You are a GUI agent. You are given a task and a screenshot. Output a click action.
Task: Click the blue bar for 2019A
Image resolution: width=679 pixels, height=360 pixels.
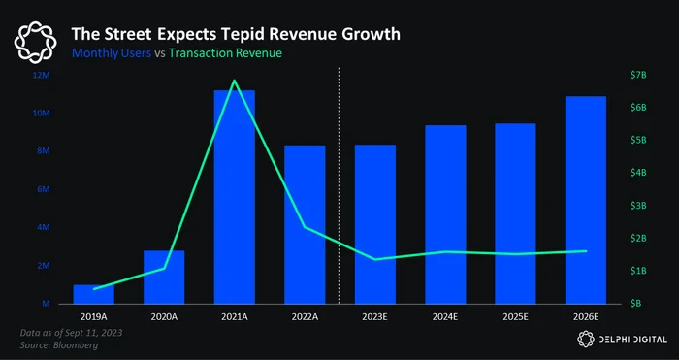tap(93, 294)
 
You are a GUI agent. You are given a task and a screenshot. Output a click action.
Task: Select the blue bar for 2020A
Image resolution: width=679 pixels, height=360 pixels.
tap(164, 278)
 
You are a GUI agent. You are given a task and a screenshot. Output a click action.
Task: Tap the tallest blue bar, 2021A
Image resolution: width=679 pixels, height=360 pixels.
tap(235, 197)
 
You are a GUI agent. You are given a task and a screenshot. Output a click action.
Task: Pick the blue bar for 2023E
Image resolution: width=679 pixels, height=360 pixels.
tap(375, 224)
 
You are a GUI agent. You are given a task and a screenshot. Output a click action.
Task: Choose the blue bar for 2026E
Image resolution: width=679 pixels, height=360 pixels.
tap(586, 200)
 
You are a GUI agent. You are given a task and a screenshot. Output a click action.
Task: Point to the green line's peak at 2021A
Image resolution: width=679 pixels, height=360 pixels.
tap(235, 81)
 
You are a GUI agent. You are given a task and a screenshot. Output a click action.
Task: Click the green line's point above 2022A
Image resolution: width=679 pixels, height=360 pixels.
tap(305, 226)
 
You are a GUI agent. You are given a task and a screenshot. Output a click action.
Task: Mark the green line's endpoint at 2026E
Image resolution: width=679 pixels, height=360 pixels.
tap(586, 251)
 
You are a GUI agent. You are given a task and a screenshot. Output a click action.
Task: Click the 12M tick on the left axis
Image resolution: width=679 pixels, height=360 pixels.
tap(45, 76)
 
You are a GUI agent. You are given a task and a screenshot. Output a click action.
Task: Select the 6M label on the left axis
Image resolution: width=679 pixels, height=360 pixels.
tap(46, 189)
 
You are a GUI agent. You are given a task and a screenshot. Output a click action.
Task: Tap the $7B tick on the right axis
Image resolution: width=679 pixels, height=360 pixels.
tap(638, 76)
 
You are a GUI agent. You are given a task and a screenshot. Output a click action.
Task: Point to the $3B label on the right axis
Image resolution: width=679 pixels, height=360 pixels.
tap(638, 206)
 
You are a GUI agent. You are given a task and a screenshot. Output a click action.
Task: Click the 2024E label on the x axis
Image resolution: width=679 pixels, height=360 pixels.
tap(445, 316)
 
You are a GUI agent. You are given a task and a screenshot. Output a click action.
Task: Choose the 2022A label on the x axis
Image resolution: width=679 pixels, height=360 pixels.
tap(305, 316)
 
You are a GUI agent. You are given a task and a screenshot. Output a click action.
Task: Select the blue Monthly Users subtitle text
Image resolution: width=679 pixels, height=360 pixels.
tap(112, 53)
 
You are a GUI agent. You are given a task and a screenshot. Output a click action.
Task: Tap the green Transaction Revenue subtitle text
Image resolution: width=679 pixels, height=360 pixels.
tap(225, 53)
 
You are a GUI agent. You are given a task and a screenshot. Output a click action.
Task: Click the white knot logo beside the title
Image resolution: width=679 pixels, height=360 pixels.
tap(35, 42)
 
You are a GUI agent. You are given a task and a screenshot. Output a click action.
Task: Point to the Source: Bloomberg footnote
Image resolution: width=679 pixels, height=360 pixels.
tap(59, 345)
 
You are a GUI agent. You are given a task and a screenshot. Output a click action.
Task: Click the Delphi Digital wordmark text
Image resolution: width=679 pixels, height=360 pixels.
tap(633, 340)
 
